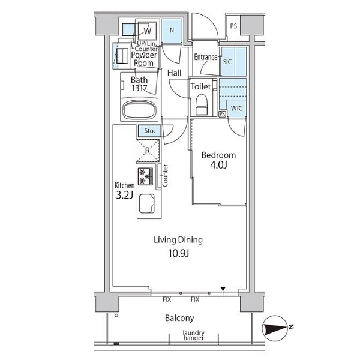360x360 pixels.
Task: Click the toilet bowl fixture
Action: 202,104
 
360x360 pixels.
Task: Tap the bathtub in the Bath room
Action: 140,110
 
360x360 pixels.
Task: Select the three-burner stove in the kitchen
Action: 145,176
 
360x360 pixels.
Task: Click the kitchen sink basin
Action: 147,203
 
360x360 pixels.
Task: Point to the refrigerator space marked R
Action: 148,151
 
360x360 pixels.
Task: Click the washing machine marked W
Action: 148,31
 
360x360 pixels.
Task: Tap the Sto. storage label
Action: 149,131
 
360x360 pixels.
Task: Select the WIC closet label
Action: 236,109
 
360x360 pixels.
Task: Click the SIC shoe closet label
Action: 227,62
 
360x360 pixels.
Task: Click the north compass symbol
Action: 276,328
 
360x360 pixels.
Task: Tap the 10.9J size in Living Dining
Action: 179,254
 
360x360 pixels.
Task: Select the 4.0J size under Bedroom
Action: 218,165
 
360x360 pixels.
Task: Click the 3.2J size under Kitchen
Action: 124,196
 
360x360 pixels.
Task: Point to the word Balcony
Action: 179,318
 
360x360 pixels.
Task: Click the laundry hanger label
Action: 194,335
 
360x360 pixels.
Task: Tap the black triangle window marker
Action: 223,289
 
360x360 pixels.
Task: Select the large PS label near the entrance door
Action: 233,26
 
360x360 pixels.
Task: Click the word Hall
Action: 175,73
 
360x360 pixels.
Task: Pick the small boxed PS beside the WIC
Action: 222,114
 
